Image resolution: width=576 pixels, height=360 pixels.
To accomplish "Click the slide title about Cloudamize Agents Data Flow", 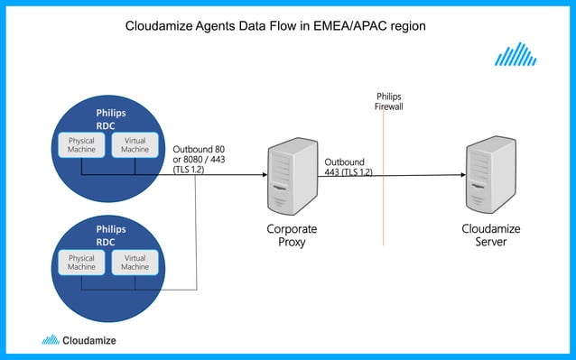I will (274, 27).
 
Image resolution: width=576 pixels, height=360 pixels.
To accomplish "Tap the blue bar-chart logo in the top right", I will (516, 56).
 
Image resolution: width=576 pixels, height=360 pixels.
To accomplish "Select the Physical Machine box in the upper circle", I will (81, 144).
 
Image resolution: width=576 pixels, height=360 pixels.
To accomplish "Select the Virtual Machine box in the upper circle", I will (135, 144).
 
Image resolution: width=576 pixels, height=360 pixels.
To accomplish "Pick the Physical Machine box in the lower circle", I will (81, 262).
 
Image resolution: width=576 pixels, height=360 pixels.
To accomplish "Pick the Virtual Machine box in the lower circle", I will (135, 262).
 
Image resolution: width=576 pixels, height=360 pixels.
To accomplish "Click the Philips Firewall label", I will (388, 100).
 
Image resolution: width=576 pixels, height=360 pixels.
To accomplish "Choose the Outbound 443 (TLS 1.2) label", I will (348, 166).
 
